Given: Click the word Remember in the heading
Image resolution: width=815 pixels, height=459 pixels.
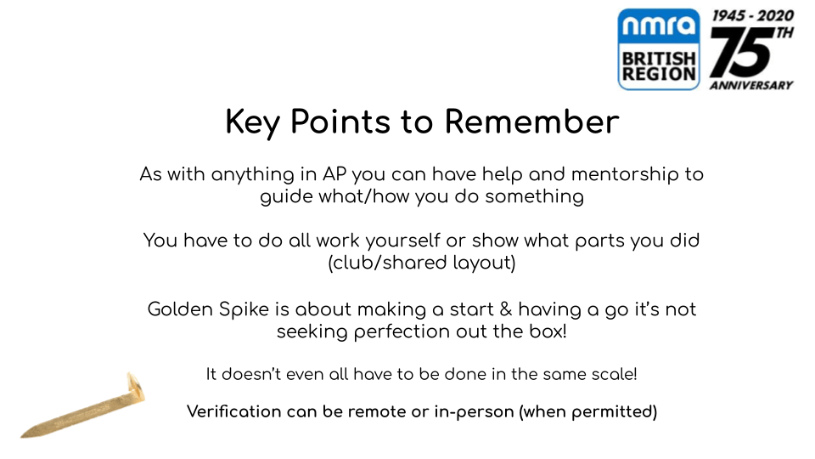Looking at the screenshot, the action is click(x=531, y=122).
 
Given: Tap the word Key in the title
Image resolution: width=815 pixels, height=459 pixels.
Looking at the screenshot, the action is click(x=253, y=124).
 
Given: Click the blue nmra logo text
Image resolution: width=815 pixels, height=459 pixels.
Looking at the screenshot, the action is click(x=659, y=25).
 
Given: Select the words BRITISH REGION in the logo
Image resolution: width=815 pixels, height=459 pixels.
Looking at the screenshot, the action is click(x=659, y=66).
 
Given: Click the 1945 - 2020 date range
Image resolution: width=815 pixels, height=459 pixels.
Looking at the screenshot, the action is click(x=753, y=15).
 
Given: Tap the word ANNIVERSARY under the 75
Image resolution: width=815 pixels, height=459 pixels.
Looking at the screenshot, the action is click(x=751, y=85).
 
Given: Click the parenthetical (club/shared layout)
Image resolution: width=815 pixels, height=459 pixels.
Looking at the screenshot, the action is click(x=422, y=263).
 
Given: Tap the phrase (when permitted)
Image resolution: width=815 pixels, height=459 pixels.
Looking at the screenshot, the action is click(x=587, y=412).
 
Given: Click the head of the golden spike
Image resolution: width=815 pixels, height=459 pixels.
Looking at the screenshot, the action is click(x=137, y=387).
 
